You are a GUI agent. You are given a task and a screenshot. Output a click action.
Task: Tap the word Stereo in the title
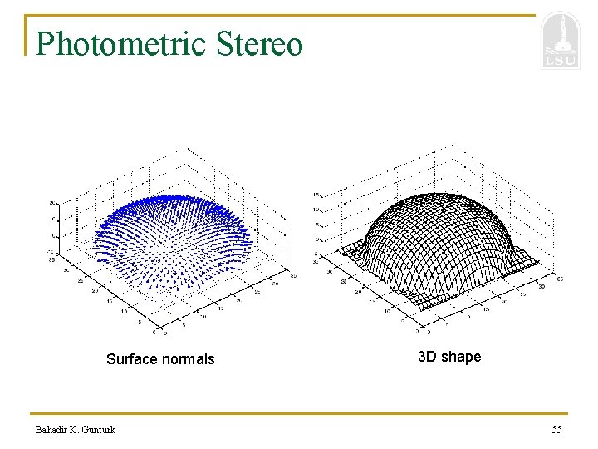tap(259, 44)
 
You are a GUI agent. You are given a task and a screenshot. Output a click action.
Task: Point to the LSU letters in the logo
tap(559, 60)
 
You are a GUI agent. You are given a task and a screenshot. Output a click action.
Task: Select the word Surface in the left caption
tap(135, 359)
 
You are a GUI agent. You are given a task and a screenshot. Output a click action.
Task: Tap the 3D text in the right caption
tap(427, 357)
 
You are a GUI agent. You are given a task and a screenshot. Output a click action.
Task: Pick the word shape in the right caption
tap(461, 358)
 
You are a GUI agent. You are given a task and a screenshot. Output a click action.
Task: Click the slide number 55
tap(556, 430)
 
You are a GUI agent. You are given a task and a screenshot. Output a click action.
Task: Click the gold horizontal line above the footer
tap(299, 413)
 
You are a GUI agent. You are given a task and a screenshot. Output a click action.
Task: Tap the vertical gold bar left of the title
tap(27, 36)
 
